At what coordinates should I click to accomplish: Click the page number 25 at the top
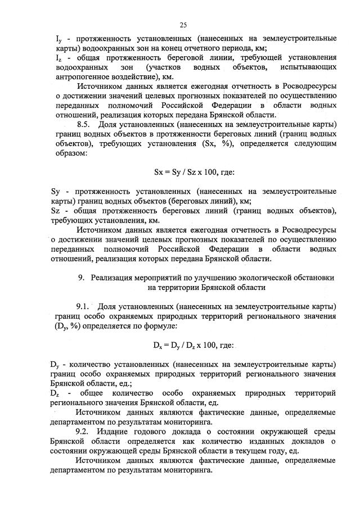click(183, 25)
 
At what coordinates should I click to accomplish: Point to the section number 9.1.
click(84, 307)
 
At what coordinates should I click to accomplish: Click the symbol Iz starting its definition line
click(58, 57)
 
